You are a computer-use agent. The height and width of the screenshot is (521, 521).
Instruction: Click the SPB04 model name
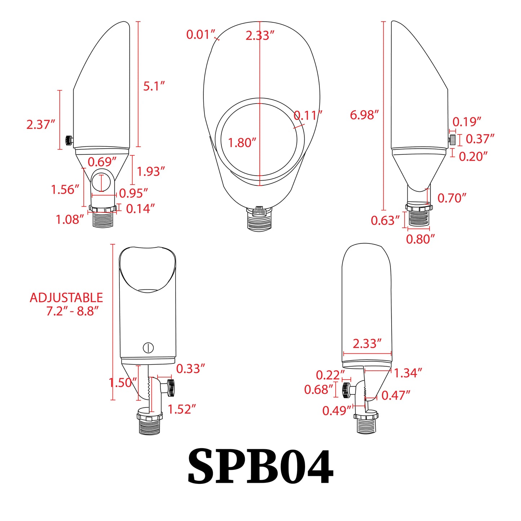pos(260,467)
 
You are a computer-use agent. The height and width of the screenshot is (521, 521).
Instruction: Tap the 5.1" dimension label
pos(154,87)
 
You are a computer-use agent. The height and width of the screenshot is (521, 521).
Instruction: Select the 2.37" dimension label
pos(40,125)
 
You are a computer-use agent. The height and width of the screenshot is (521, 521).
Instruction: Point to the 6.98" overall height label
pos(364,115)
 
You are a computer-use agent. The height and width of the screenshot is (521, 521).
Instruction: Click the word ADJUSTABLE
pos(66,298)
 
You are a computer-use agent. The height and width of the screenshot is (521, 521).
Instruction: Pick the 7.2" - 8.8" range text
pos(72,311)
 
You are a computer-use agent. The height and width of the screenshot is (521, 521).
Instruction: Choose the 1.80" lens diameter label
pos(242,143)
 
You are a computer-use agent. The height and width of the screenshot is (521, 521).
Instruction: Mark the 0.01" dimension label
pos(200,35)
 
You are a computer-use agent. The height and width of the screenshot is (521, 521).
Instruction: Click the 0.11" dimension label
pos(308,116)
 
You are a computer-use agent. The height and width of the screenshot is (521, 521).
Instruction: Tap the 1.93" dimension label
pos(151,172)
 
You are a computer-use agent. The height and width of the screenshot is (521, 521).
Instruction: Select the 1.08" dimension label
pos(70,220)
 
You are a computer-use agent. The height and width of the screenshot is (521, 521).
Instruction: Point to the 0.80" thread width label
pos(420,239)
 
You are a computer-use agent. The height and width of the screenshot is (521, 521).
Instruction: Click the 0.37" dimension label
pos(480,139)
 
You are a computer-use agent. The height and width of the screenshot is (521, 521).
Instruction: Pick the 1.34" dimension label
pos(407,373)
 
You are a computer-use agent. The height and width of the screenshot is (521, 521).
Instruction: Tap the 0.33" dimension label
pos(190,369)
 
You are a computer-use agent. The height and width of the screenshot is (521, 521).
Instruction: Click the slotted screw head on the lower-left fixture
pos(148,348)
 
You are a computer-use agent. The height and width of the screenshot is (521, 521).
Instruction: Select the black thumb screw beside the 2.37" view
pos(68,140)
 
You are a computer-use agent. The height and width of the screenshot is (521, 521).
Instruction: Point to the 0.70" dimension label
pos(452,198)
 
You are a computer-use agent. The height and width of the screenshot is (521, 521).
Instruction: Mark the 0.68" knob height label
pos(318,390)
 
